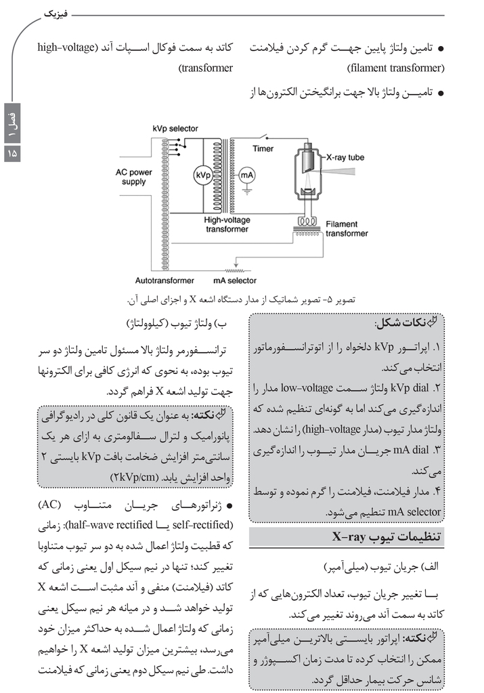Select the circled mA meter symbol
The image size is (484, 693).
(246, 175)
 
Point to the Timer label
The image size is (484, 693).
(265, 148)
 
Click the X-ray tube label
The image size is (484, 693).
(345, 157)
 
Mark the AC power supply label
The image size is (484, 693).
(134, 177)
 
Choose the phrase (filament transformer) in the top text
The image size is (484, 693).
(395, 68)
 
